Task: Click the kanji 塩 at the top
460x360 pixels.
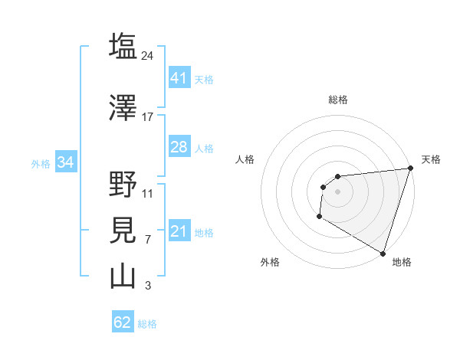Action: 123,47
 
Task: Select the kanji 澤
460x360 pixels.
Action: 123,109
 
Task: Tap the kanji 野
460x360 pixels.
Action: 123,185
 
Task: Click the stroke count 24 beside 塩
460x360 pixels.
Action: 149,55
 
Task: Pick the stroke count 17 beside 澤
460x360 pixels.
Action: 148,117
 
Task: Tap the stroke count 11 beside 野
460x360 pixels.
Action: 148,193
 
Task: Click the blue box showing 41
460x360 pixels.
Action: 179,78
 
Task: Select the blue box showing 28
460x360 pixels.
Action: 179,147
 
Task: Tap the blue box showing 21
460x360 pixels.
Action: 179,231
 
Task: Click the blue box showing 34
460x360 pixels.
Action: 65,162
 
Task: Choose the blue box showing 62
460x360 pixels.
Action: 122,322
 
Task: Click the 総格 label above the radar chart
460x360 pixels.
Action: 338,100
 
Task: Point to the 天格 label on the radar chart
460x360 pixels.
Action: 431,159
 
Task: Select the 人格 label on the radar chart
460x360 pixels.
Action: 245,159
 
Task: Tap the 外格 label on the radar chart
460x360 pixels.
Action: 270,262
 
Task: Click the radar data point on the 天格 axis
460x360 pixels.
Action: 410,169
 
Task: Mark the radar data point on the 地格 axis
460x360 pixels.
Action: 383,253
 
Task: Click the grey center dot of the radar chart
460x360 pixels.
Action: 337,191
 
